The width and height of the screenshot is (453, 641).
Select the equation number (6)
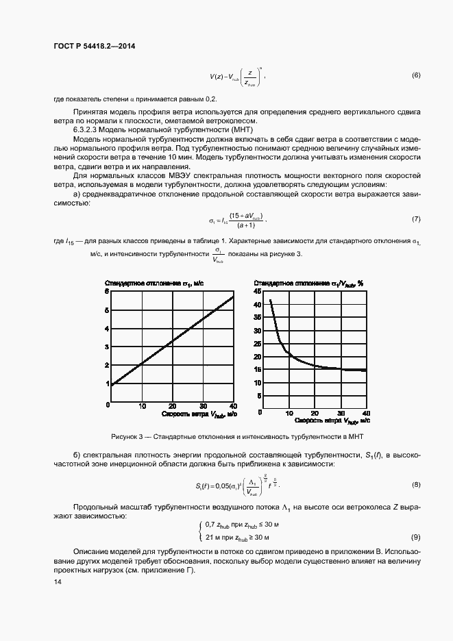coord(415,75)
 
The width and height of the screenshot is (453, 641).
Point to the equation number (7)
coord(415,219)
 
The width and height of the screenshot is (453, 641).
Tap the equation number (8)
coord(415,486)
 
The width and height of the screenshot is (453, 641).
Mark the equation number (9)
coord(415,537)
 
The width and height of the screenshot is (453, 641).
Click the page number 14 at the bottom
coord(58,582)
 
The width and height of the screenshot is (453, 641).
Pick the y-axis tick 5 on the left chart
coord(107,310)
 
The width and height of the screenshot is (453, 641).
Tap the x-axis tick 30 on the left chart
coord(202,406)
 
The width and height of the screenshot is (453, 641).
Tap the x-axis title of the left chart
coord(199,414)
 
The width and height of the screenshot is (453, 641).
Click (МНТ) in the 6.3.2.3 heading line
coord(241,129)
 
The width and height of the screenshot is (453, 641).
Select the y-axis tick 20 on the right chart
coord(257,357)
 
